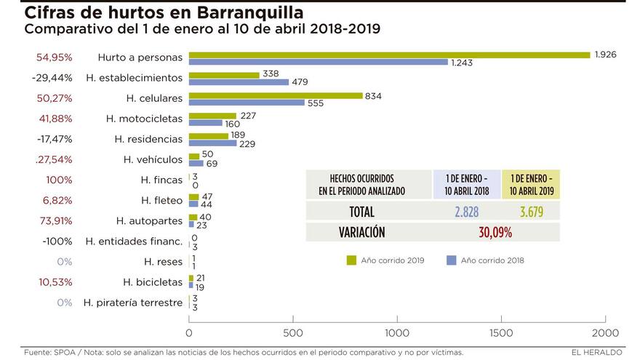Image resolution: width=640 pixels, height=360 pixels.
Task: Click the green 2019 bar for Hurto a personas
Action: click(389, 55)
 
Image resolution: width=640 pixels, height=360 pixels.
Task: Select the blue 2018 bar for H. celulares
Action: click(247, 103)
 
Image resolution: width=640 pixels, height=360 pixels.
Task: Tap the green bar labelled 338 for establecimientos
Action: click(224, 74)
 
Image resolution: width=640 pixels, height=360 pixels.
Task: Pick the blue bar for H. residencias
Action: click(212, 143)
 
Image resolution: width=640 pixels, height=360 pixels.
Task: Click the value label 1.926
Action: click(605, 55)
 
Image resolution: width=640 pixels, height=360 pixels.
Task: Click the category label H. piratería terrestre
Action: click(132, 303)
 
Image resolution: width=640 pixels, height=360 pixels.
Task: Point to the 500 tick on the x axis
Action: click(293, 332)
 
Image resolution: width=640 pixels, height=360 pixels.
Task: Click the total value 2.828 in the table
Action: click(467, 212)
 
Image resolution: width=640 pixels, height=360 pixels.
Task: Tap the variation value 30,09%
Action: click(495, 233)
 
